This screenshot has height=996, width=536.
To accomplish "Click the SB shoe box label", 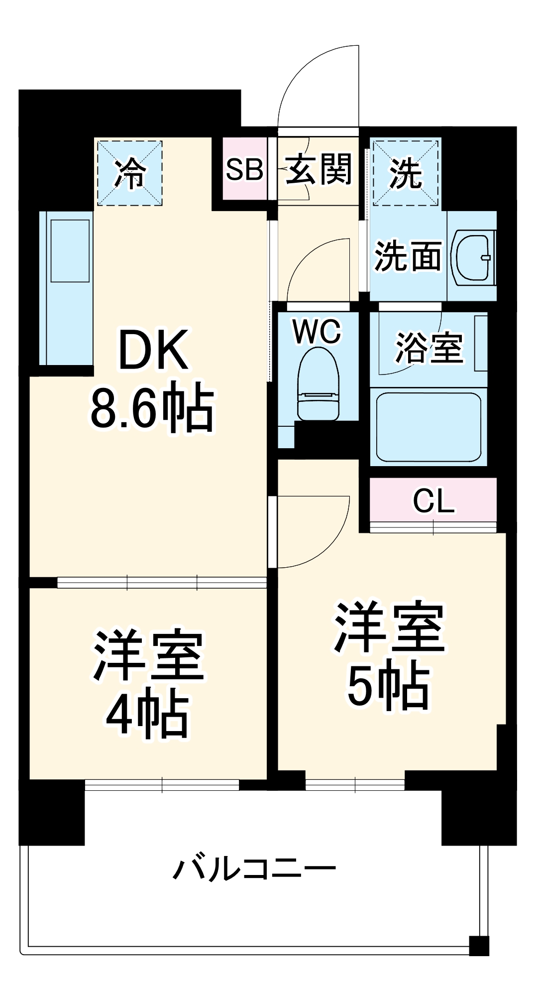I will [x=244, y=169].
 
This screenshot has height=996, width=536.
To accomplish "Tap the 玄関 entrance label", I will [x=319, y=169].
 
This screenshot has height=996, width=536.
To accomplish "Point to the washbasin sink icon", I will [x=473, y=257].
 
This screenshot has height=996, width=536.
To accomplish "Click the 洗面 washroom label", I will [x=408, y=257].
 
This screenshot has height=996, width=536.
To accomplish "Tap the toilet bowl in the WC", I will [x=318, y=383].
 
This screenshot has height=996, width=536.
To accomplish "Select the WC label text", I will [x=318, y=331].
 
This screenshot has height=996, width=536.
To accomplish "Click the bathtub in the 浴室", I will [x=429, y=427].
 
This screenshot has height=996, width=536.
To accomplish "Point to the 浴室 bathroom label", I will [x=429, y=348].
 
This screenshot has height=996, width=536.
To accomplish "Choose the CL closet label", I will [x=433, y=501].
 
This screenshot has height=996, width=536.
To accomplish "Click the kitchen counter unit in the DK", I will [x=66, y=288].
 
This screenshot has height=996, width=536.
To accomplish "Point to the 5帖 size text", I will [x=388, y=687].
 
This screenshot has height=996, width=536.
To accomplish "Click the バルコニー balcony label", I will [x=254, y=869].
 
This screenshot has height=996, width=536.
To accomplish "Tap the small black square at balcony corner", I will [x=479, y=945].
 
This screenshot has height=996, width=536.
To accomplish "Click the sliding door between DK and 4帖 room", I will [x=162, y=582].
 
